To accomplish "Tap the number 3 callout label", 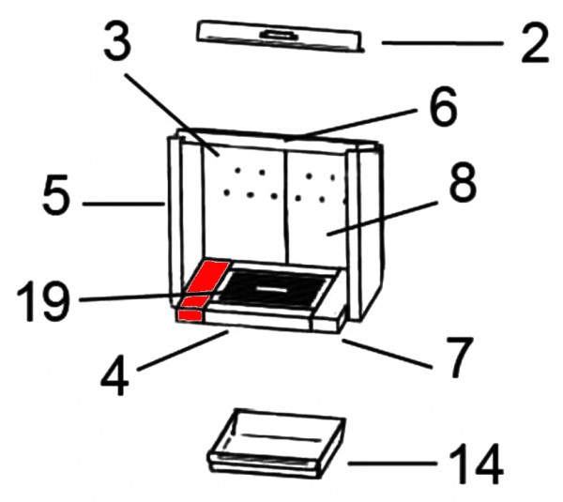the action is coord(118,40).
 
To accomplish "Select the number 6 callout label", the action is coord(444,106).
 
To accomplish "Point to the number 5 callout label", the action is coord(55,195).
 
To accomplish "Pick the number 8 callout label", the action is coord(463,183).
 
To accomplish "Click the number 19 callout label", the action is coord(43,301).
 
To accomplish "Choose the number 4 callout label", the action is coord(114,375).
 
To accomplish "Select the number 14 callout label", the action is coord(476,464).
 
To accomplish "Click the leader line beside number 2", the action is coord(442,43).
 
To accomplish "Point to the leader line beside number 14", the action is coord(392,464).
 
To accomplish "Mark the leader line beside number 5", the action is coord(124,204).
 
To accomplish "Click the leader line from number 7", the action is coord(387,354).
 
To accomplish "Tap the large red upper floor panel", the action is coord(208,277).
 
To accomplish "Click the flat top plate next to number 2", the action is coord(280,36).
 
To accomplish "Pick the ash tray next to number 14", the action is coord(277,444).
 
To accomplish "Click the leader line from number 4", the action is coord(182,351).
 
